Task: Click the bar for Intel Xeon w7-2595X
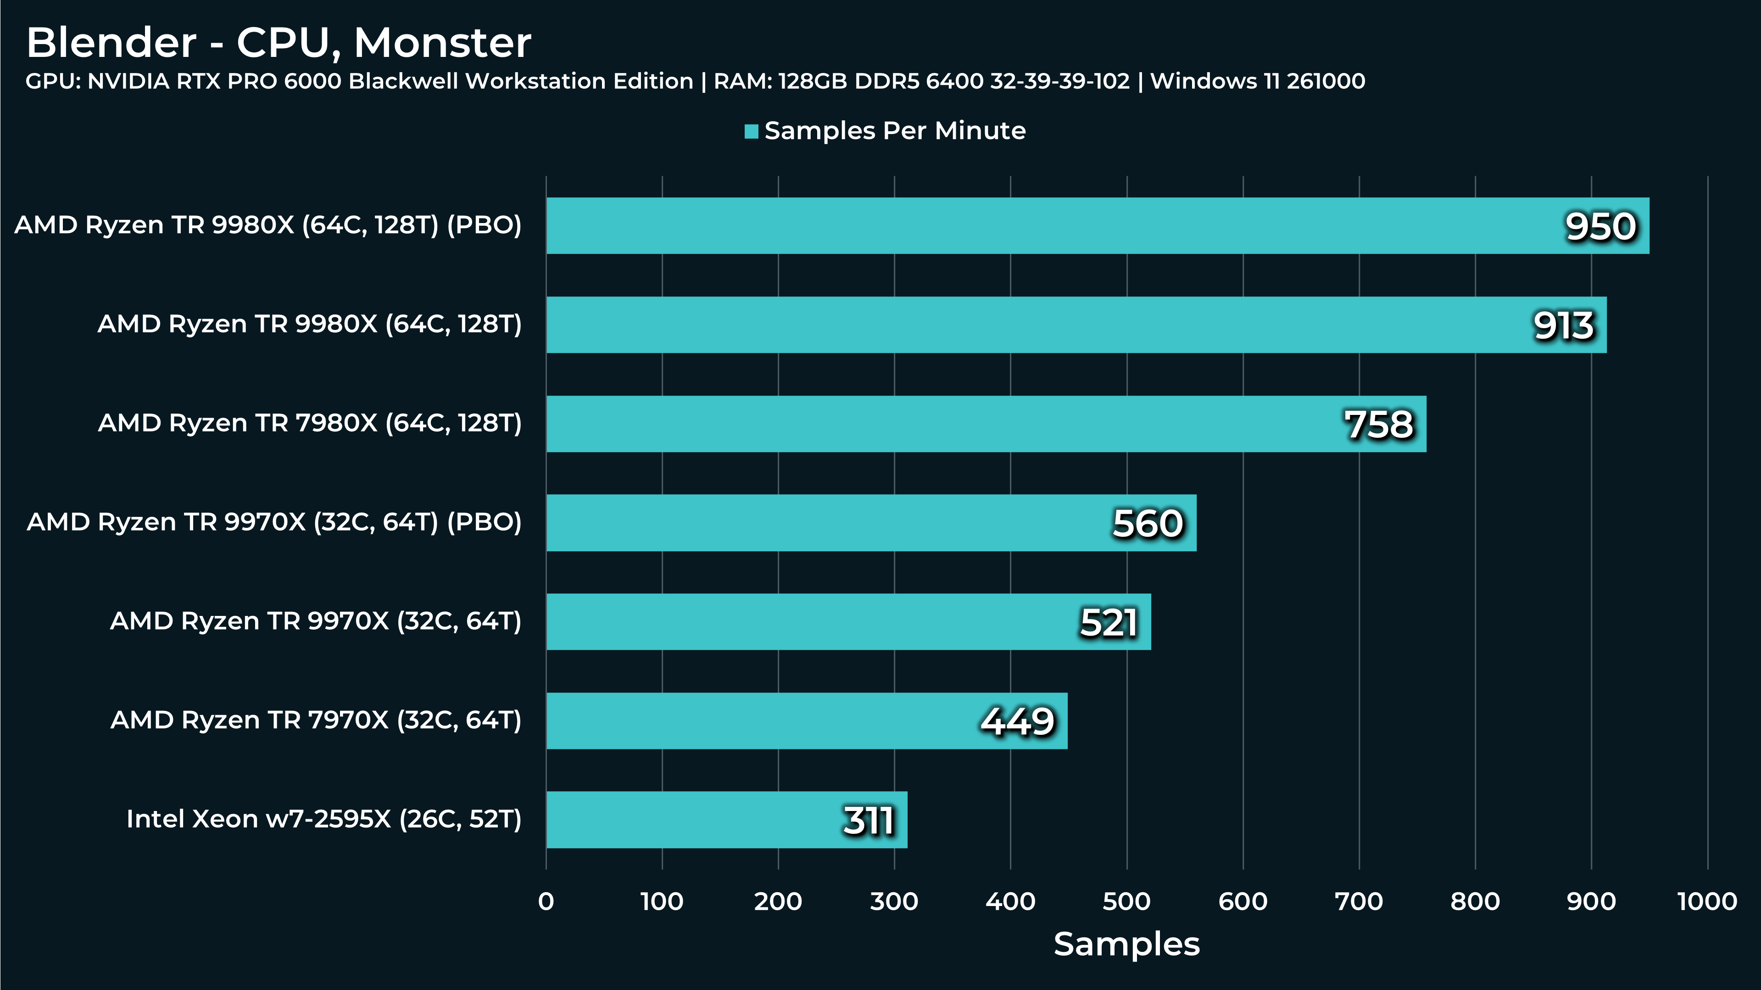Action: [x=727, y=820]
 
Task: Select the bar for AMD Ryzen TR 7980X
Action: [x=986, y=424]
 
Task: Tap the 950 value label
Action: [x=1600, y=226]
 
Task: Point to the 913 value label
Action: [x=1563, y=325]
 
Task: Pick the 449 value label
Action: [x=1017, y=722]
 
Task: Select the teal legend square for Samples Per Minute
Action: [x=751, y=131]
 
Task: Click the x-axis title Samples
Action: [x=1126, y=944]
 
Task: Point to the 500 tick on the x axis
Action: [x=1126, y=901]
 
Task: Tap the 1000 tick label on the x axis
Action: [x=1707, y=901]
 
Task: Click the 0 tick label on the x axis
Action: [x=546, y=901]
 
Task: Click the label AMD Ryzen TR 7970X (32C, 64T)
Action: [x=316, y=720]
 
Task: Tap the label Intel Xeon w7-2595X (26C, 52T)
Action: [x=324, y=819]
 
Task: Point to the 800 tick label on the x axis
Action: [x=1475, y=901]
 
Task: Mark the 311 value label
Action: [x=868, y=821]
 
